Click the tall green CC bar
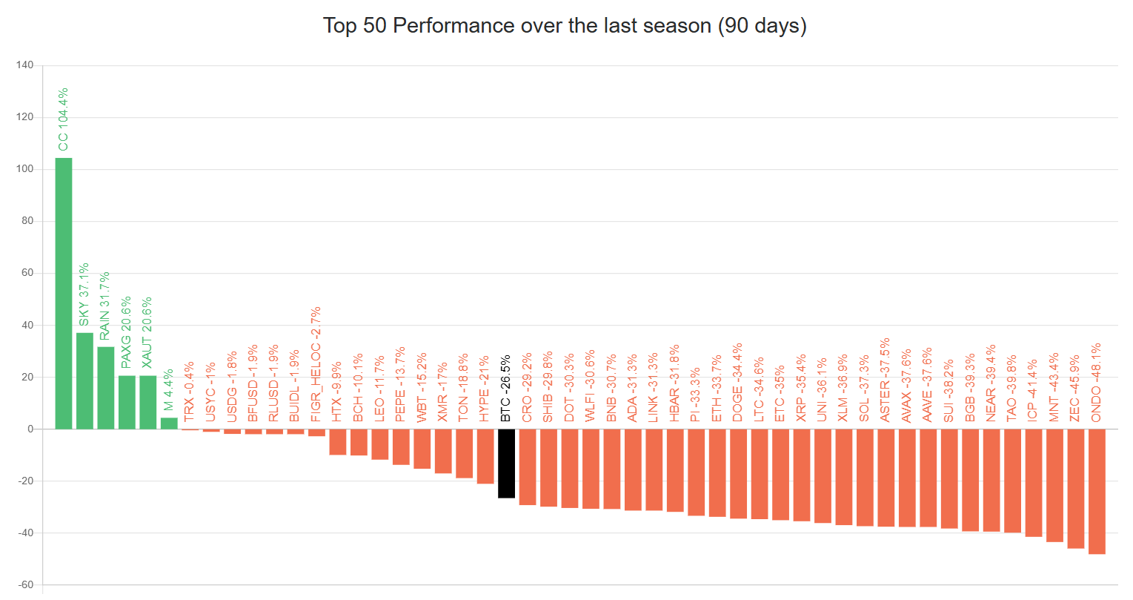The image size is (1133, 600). [x=64, y=293]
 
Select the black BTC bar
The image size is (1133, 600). [x=506, y=464]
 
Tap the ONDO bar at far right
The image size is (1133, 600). [x=1097, y=491]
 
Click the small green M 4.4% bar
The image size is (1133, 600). [x=169, y=423]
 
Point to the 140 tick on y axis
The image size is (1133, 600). [x=24, y=65]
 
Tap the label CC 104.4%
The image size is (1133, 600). [x=64, y=119]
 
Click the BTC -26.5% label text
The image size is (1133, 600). [x=506, y=389]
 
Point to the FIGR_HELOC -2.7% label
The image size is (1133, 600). [x=316, y=364]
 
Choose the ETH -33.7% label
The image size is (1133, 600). [x=717, y=389]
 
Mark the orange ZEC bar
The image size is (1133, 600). [x=1075, y=488]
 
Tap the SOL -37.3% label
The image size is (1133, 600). [x=864, y=389]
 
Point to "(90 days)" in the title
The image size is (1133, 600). [x=761, y=26]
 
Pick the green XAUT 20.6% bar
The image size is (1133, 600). [x=148, y=402]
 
